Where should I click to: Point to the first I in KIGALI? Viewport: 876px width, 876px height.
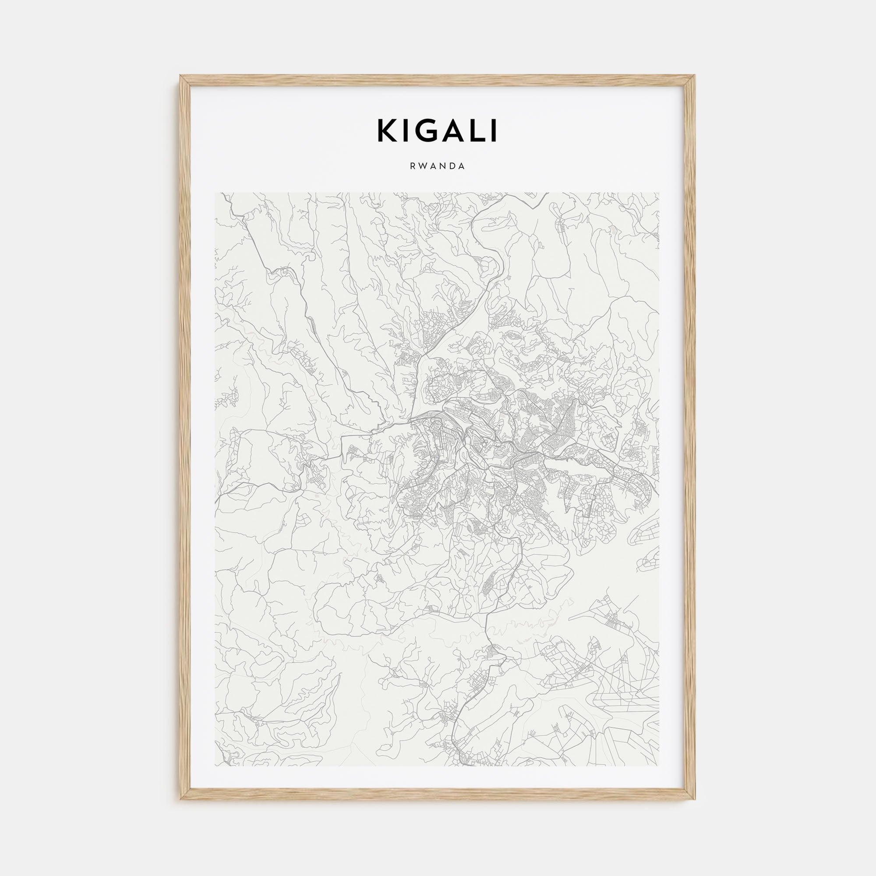click(x=405, y=131)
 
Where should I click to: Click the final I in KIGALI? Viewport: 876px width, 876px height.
click(x=493, y=131)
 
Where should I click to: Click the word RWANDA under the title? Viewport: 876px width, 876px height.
click(x=438, y=166)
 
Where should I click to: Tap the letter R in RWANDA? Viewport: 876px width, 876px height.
click(x=413, y=166)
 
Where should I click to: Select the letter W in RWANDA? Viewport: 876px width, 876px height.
click(x=423, y=166)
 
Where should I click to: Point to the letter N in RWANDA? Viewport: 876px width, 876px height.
click(x=443, y=166)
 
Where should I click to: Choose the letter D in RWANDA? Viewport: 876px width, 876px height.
click(x=452, y=166)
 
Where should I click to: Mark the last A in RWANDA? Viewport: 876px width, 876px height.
click(x=462, y=166)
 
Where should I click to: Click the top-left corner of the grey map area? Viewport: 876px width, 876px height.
click(x=215, y=193)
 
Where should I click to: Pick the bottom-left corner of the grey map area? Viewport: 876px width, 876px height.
click(x=215, y=766)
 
